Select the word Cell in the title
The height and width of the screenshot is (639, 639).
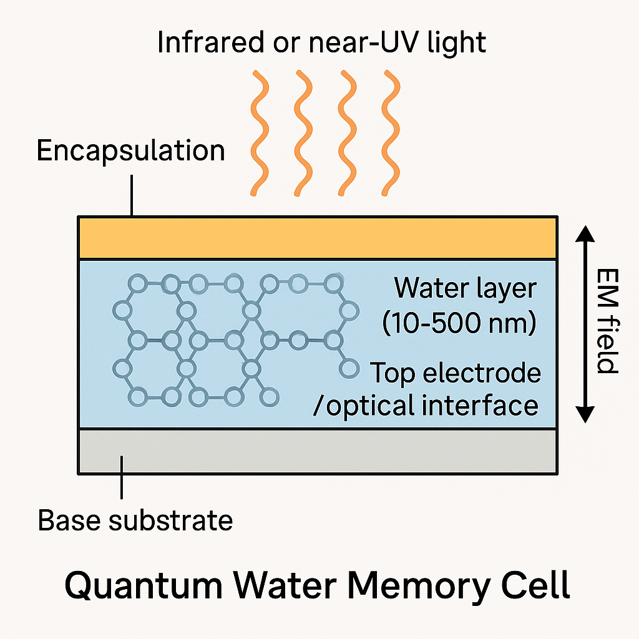point(538,586)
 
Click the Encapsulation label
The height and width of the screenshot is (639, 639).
point(130,151)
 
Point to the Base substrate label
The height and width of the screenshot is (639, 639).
point(135,520)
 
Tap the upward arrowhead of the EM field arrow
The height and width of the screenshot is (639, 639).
point(585,233)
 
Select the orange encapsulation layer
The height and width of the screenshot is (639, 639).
point(317,238)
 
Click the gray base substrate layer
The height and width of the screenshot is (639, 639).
point(317,451)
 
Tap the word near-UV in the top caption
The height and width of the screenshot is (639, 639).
point(356,43)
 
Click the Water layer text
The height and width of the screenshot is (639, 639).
point(466,288)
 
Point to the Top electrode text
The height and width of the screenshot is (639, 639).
point(456,373)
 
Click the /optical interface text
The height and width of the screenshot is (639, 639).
point(426,406)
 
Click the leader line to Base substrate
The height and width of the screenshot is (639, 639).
point(122,477)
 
